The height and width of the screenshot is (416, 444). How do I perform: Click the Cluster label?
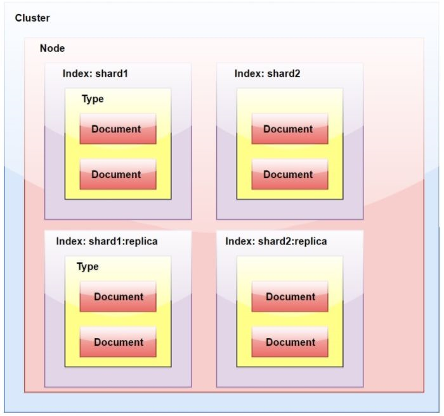click(x=32, y=18)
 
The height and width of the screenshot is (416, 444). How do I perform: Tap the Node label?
click(x=52, y=48)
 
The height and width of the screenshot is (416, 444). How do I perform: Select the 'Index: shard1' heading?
click(x=95, y=73)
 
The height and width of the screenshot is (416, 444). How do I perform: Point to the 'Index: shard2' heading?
click(x=267, y=73)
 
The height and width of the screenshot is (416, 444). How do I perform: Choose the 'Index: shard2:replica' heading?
click(x=276, y=241)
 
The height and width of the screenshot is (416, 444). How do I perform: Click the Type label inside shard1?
click(x=93, y=99)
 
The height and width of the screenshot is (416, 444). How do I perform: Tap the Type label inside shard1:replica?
click(x=88, y=267)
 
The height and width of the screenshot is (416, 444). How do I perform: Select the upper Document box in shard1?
click(x=117, y=129)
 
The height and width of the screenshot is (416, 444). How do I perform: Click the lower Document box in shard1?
click(x=117, y=175)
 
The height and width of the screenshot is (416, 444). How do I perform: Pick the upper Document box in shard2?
click(x=289, y=129)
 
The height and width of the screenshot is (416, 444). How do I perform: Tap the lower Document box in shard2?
click(x=289, y=175)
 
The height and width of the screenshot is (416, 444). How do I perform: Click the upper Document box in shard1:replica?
click(x=118, y=297)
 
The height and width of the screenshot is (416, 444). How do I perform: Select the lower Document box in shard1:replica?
click(x=118, y=343)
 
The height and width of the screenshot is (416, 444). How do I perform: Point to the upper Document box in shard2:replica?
click(x=290, y=297)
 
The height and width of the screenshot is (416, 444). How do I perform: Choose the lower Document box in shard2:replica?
click(x=290, y=343)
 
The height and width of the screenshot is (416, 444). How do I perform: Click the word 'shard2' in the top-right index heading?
click(x=284, y=73)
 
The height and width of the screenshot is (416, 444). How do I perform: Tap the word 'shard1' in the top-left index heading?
click(x=112, y=73)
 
